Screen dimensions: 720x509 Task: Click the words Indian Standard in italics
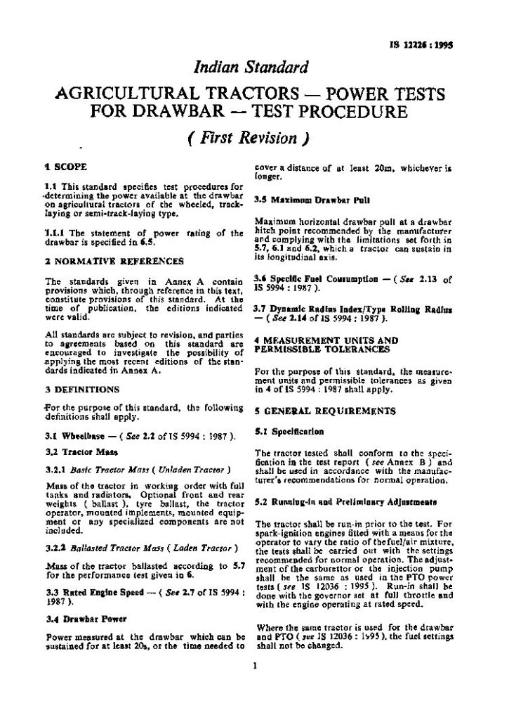click(x=254, y=68)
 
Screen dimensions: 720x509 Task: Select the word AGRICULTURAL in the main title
click(x=133, y=95)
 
